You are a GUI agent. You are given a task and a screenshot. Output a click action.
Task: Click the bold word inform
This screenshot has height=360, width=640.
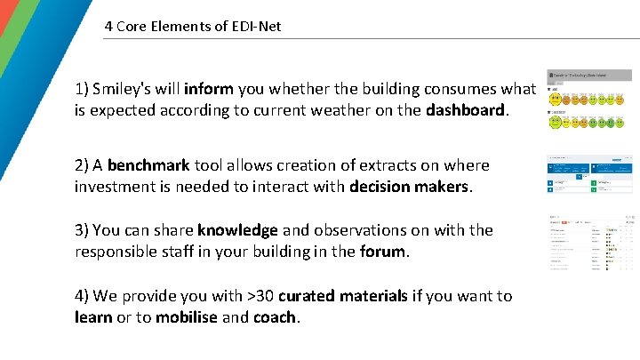point(210,89)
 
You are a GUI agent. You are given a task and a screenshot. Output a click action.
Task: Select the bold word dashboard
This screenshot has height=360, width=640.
point(465,111)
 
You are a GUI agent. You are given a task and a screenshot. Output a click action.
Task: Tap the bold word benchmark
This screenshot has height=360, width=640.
point(148,164)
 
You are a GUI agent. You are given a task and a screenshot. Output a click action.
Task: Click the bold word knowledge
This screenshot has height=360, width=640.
point(237,229)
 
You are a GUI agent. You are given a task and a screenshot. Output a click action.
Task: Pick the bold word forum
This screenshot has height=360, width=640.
point(383,251)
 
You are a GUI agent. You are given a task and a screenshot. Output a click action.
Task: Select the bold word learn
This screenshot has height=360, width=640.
point(93,316)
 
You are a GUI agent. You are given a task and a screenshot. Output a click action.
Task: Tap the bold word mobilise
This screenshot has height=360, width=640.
point(187,316)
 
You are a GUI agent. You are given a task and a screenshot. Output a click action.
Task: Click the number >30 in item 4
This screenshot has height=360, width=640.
point(256,295)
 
